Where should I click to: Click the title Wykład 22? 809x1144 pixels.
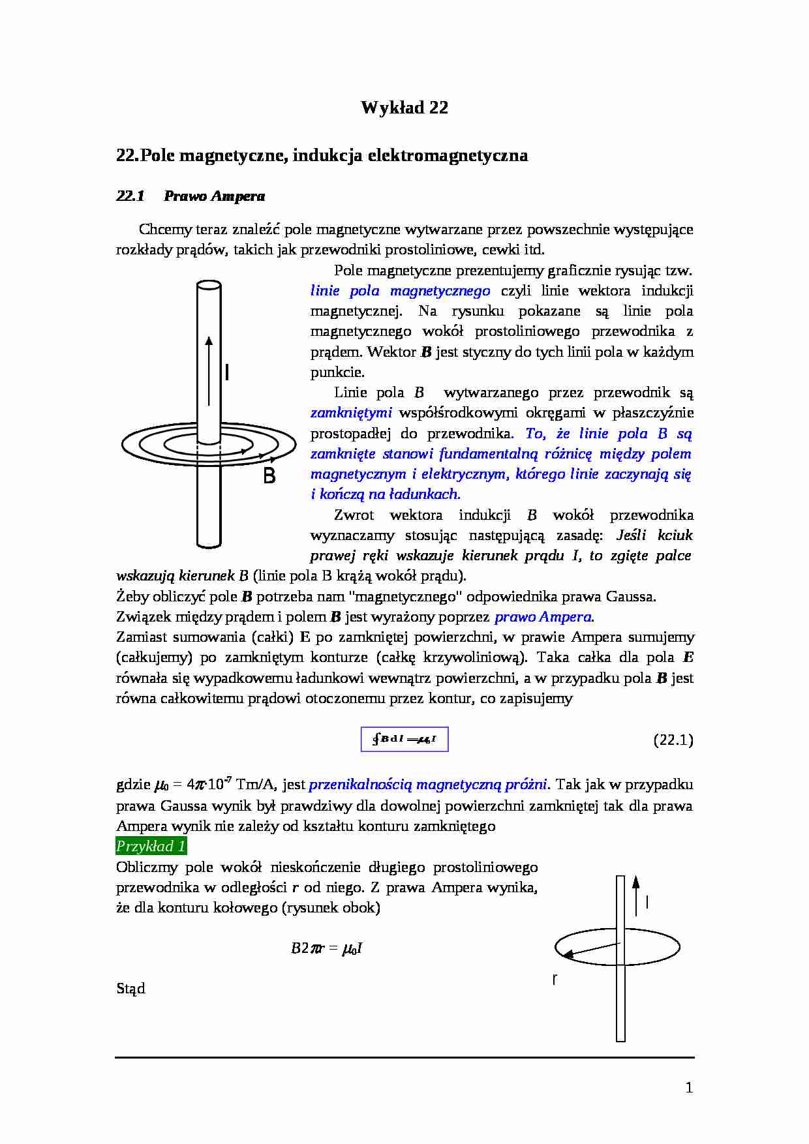pos(404,108)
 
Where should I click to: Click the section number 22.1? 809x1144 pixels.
pos(130,196)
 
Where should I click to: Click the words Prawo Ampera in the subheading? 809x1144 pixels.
pos(214,196)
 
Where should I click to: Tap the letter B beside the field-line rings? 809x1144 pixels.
pos(269,476)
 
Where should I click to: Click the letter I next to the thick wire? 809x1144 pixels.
pos(226,372)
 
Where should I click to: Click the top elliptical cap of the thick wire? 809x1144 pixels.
pos(209,286)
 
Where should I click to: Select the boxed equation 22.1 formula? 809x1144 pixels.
pos(404,739)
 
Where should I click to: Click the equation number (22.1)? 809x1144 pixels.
pos(673,740)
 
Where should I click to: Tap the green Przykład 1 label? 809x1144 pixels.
pos(151,846)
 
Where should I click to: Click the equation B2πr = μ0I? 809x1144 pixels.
pos(326,948)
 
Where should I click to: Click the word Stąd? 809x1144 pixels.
pos(130,988)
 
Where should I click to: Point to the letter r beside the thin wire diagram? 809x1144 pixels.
pos(555,979)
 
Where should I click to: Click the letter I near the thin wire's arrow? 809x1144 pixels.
pos(647,902)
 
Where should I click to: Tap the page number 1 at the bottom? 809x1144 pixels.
pos(689,1087)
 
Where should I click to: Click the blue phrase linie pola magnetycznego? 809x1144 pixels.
pos(400,291)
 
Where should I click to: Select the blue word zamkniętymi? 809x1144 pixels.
pos(351,413)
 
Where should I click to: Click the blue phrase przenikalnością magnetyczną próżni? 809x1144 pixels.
pos(429,784)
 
